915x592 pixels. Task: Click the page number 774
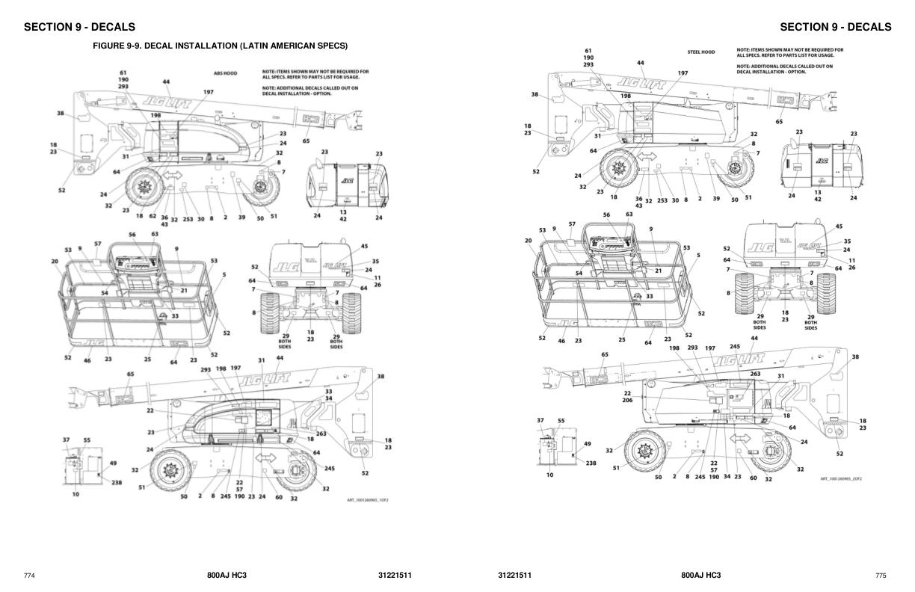(29, 576)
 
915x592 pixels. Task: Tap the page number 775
(881, 576)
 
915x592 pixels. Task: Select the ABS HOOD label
(225, 73)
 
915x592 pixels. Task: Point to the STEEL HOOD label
(700, 52)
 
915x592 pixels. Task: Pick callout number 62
(152, 216)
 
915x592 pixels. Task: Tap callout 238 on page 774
(117, 483)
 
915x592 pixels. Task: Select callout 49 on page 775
(588, 443)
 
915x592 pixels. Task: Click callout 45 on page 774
(364, 246)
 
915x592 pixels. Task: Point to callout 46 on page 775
(561, 340)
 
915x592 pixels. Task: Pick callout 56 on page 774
(132, 234)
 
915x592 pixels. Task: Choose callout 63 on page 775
(629, 215)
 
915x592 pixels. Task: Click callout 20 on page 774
(55, 261)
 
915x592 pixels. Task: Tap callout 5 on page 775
(698, 255)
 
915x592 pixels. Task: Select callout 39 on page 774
(241, 217)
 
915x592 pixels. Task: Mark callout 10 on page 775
(549, 475)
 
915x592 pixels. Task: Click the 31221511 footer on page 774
(395, 576)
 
